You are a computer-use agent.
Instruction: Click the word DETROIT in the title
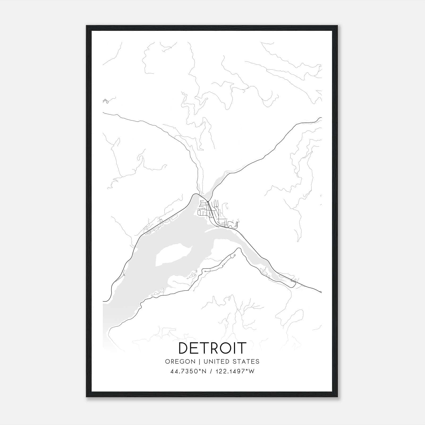pyautogui.click(x=212, y=348)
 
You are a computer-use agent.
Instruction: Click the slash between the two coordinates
pyautogui.click(x=210, y=371)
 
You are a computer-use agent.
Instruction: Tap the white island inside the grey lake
pyautogui.click(x=173, y=255)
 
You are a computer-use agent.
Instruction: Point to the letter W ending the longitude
pyautogui.click(x=252, y=371)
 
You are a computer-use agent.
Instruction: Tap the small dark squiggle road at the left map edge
pyautogui.click(x=105, y=101)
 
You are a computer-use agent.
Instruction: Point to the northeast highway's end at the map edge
pyautogui.click(x=321, y=117)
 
